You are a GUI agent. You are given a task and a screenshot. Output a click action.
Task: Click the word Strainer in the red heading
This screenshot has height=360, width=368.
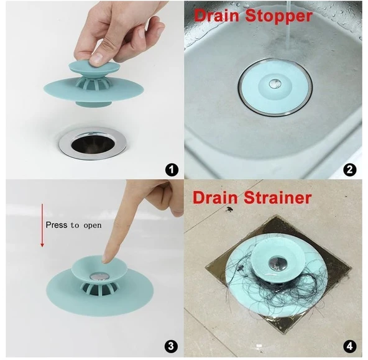276,198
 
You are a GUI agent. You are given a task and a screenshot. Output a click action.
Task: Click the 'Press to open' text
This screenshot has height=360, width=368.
72,224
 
